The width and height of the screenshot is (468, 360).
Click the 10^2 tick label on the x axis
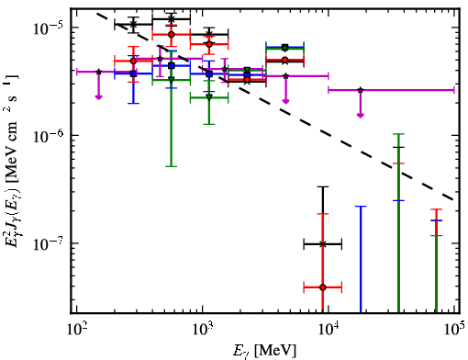76,329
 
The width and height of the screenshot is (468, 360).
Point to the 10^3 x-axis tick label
202,329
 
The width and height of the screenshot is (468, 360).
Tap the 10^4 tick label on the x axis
329,329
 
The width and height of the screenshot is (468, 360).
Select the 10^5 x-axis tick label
454,329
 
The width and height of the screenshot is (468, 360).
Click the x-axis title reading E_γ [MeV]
265,351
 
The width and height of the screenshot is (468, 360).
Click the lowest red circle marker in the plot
322,287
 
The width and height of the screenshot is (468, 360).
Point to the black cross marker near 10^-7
322,244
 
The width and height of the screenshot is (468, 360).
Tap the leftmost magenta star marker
98,72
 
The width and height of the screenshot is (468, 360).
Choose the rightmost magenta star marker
361,90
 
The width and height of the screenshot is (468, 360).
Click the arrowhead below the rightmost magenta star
361,116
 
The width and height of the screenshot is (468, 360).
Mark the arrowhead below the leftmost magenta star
98,97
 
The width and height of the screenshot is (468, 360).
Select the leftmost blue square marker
133,73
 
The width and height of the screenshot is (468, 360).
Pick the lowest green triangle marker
209,97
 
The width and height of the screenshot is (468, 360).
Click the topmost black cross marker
172,18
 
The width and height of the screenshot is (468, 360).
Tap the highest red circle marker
172,34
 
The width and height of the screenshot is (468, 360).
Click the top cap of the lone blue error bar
361,207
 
